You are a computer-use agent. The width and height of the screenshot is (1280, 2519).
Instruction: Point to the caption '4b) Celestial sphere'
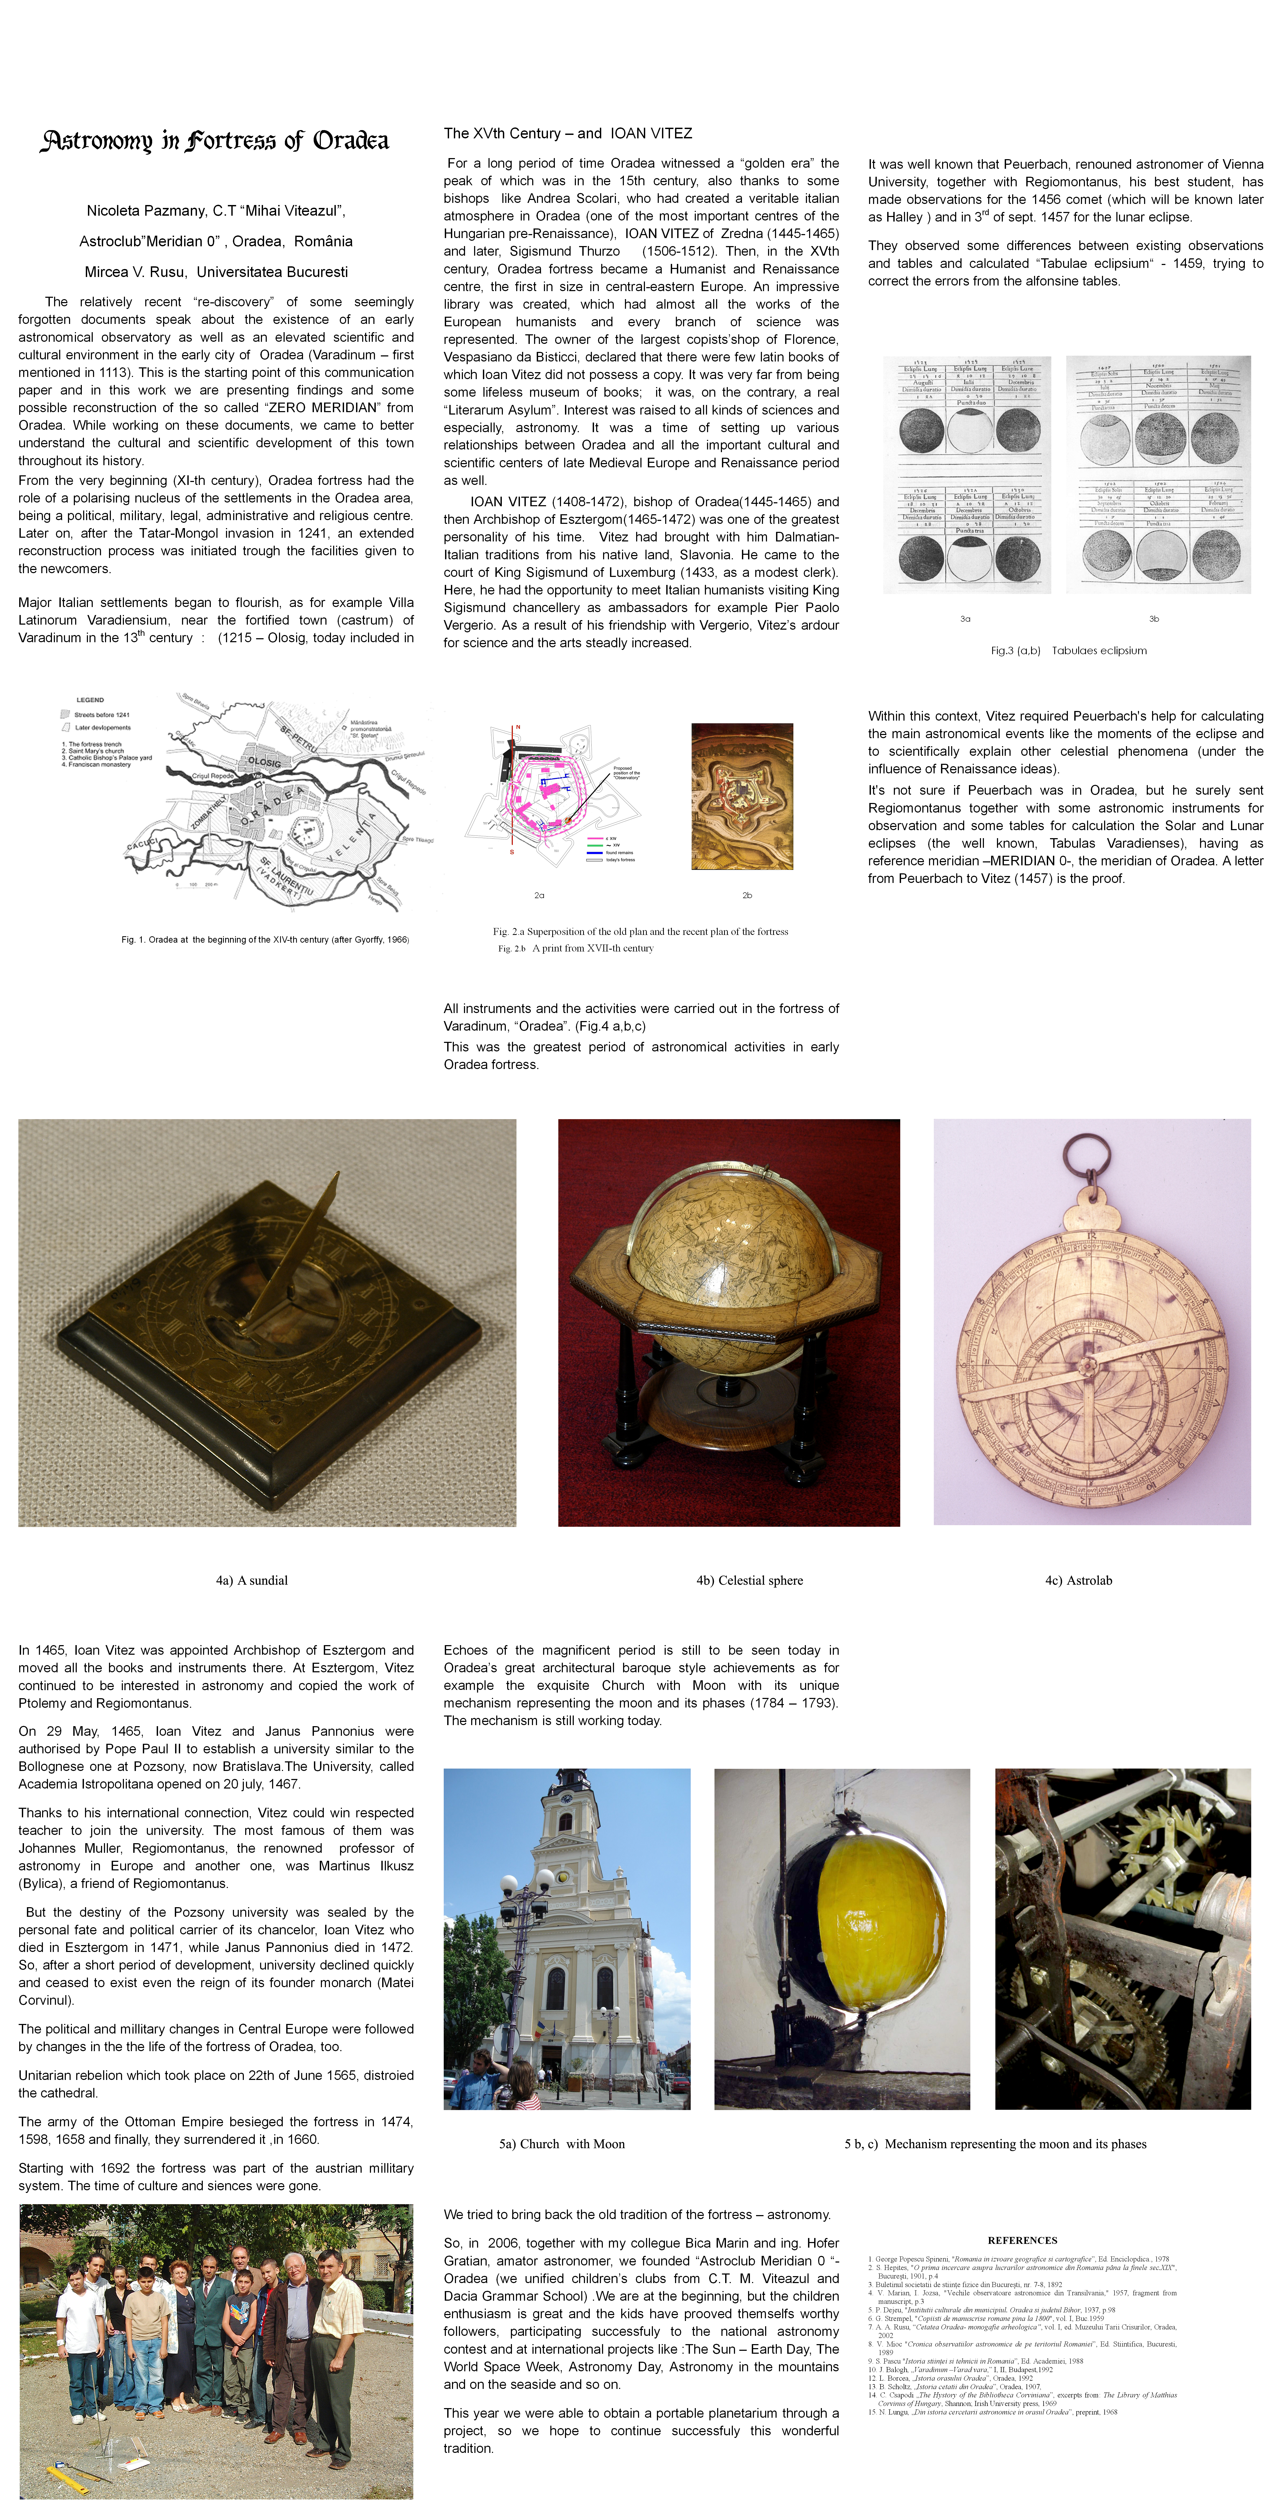749,1580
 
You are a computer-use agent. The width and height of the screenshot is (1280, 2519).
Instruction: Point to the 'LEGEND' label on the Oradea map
90,700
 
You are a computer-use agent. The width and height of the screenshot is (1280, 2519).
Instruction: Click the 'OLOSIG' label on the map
264,762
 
